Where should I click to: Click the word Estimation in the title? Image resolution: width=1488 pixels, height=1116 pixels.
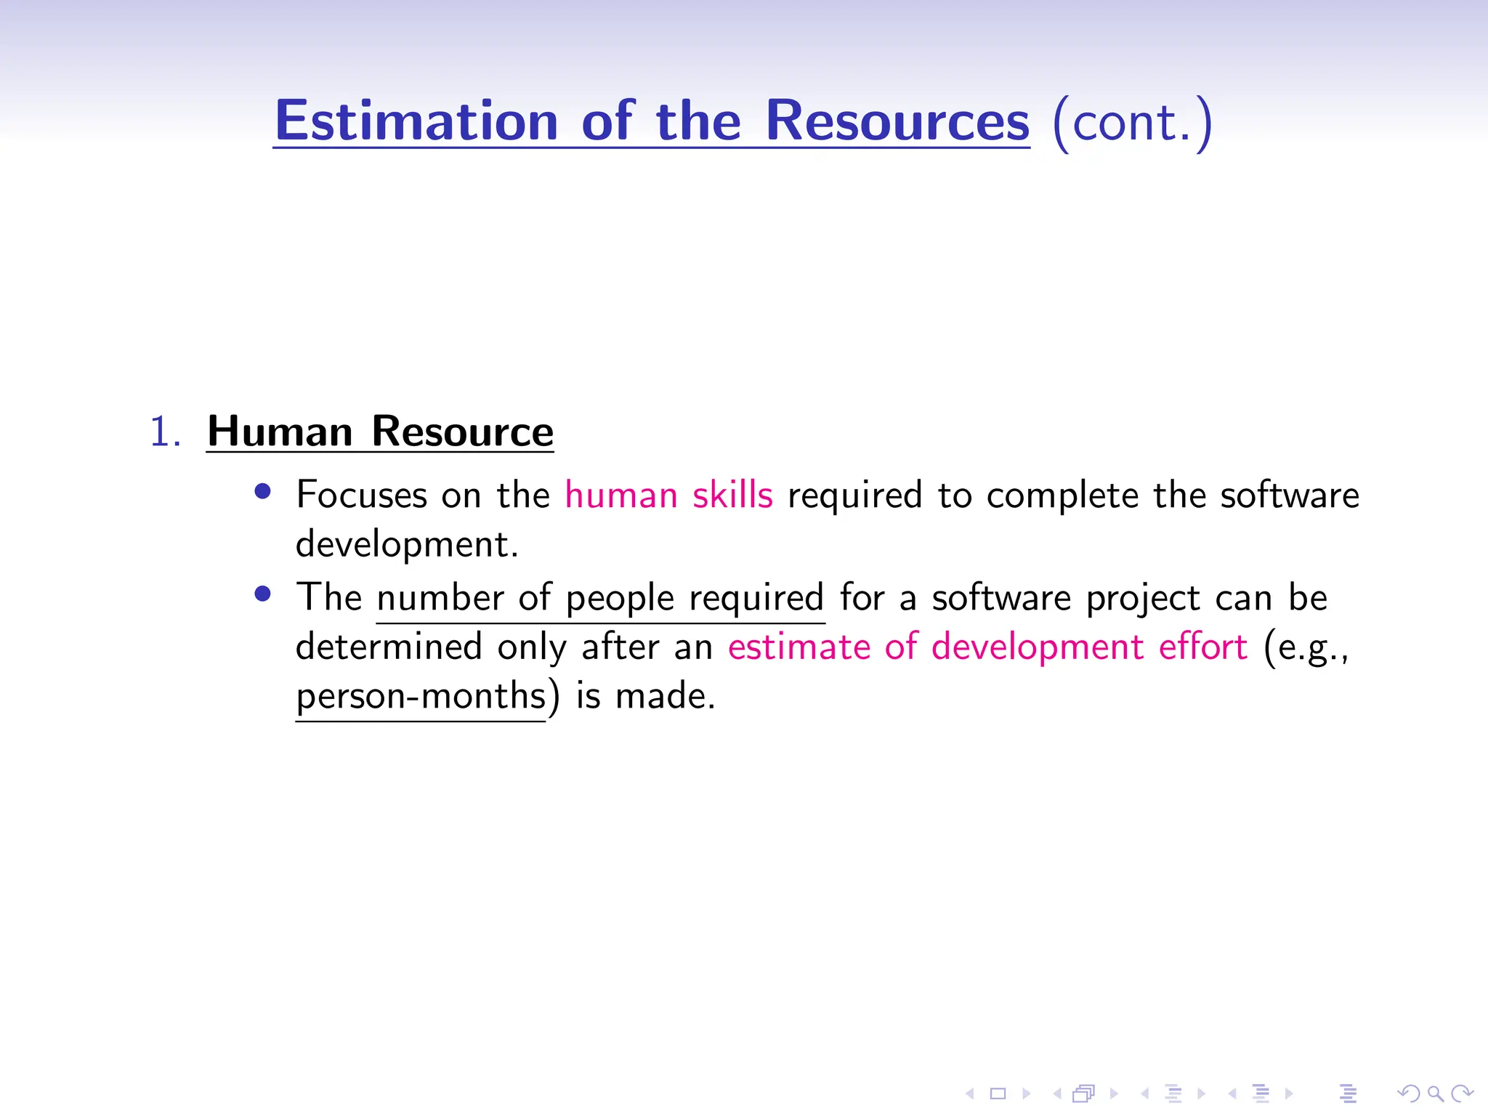click(416, 121)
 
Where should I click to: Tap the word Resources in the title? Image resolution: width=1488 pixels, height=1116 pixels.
click(897, 121)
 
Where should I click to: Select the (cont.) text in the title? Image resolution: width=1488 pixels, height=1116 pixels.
click(1132, 122)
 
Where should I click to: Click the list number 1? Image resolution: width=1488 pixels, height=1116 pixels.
click(165, 432)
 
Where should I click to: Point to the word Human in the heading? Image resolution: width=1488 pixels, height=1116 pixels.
click(280, 432)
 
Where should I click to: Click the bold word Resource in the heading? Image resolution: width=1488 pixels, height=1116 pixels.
click(462, 432)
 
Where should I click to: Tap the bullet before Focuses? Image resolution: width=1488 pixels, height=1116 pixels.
click(263, 492)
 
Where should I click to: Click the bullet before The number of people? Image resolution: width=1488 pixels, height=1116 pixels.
click(263, 594)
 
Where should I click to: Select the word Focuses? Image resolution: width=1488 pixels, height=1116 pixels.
click(361, 496)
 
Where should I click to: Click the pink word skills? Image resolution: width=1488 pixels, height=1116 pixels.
click(732, 496)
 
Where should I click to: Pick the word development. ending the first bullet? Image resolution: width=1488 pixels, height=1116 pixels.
click(407, 545)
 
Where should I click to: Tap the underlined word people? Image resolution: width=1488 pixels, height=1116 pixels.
click(620, 599)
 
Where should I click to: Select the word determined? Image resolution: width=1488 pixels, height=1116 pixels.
click(389, 647)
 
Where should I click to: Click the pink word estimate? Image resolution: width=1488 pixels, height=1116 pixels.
click(798, 647)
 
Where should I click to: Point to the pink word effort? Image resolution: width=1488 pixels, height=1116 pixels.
click(1202, 647)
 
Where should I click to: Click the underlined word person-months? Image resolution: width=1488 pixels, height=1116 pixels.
click(421, 696)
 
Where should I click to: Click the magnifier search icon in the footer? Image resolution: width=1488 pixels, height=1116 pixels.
click(1435, 1093)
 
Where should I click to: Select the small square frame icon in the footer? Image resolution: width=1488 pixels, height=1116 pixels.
click(998, 1093)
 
